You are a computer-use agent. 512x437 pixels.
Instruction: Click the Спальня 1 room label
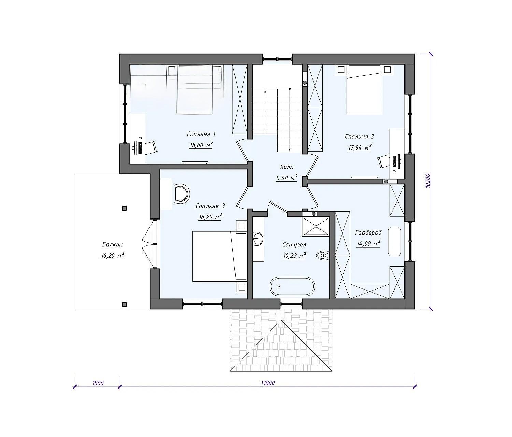point(201,134)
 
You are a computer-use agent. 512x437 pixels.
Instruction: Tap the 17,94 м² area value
point(360,147)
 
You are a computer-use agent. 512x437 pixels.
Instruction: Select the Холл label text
point(286,167)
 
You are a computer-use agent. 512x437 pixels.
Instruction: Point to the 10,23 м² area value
point(294,255)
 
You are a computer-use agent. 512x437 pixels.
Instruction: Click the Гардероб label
point(368,233)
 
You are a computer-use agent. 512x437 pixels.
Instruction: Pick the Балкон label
point(112,245)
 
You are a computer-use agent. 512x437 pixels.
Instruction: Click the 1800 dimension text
point(98,383)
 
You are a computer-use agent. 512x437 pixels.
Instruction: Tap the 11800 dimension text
point(268,383)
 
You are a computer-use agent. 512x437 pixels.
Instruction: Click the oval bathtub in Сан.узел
point(292,286)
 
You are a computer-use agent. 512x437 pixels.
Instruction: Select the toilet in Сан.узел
point(323,255)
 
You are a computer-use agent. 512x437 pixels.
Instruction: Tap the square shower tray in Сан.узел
point(316,226)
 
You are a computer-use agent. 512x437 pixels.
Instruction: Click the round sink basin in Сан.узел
point(258,239)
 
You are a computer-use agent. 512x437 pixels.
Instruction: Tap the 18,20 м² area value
point(210,217)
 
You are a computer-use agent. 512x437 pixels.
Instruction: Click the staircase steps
point(277,121)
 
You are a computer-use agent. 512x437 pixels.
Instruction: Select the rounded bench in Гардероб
point(394,241)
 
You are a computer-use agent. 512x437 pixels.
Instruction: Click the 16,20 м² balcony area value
point(112,256)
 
